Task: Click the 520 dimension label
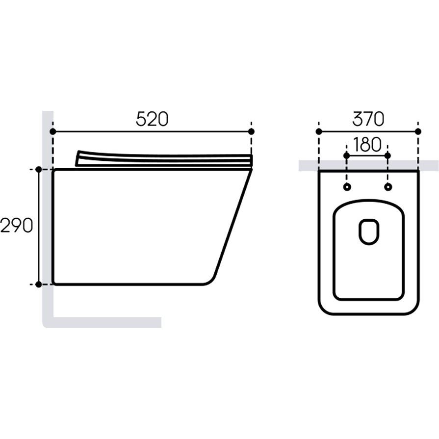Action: (152, 119)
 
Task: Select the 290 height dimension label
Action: (17, 225)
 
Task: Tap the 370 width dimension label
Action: (368, 119)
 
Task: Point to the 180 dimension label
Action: (367, 145)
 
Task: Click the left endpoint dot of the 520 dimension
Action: (52, 131)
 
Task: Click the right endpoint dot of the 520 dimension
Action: (252, 131)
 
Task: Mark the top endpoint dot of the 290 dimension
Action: (39, 169)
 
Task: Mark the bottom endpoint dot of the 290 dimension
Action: (39, 284)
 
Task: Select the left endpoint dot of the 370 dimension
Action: (319, 131)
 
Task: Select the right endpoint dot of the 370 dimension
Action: (418, 131)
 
